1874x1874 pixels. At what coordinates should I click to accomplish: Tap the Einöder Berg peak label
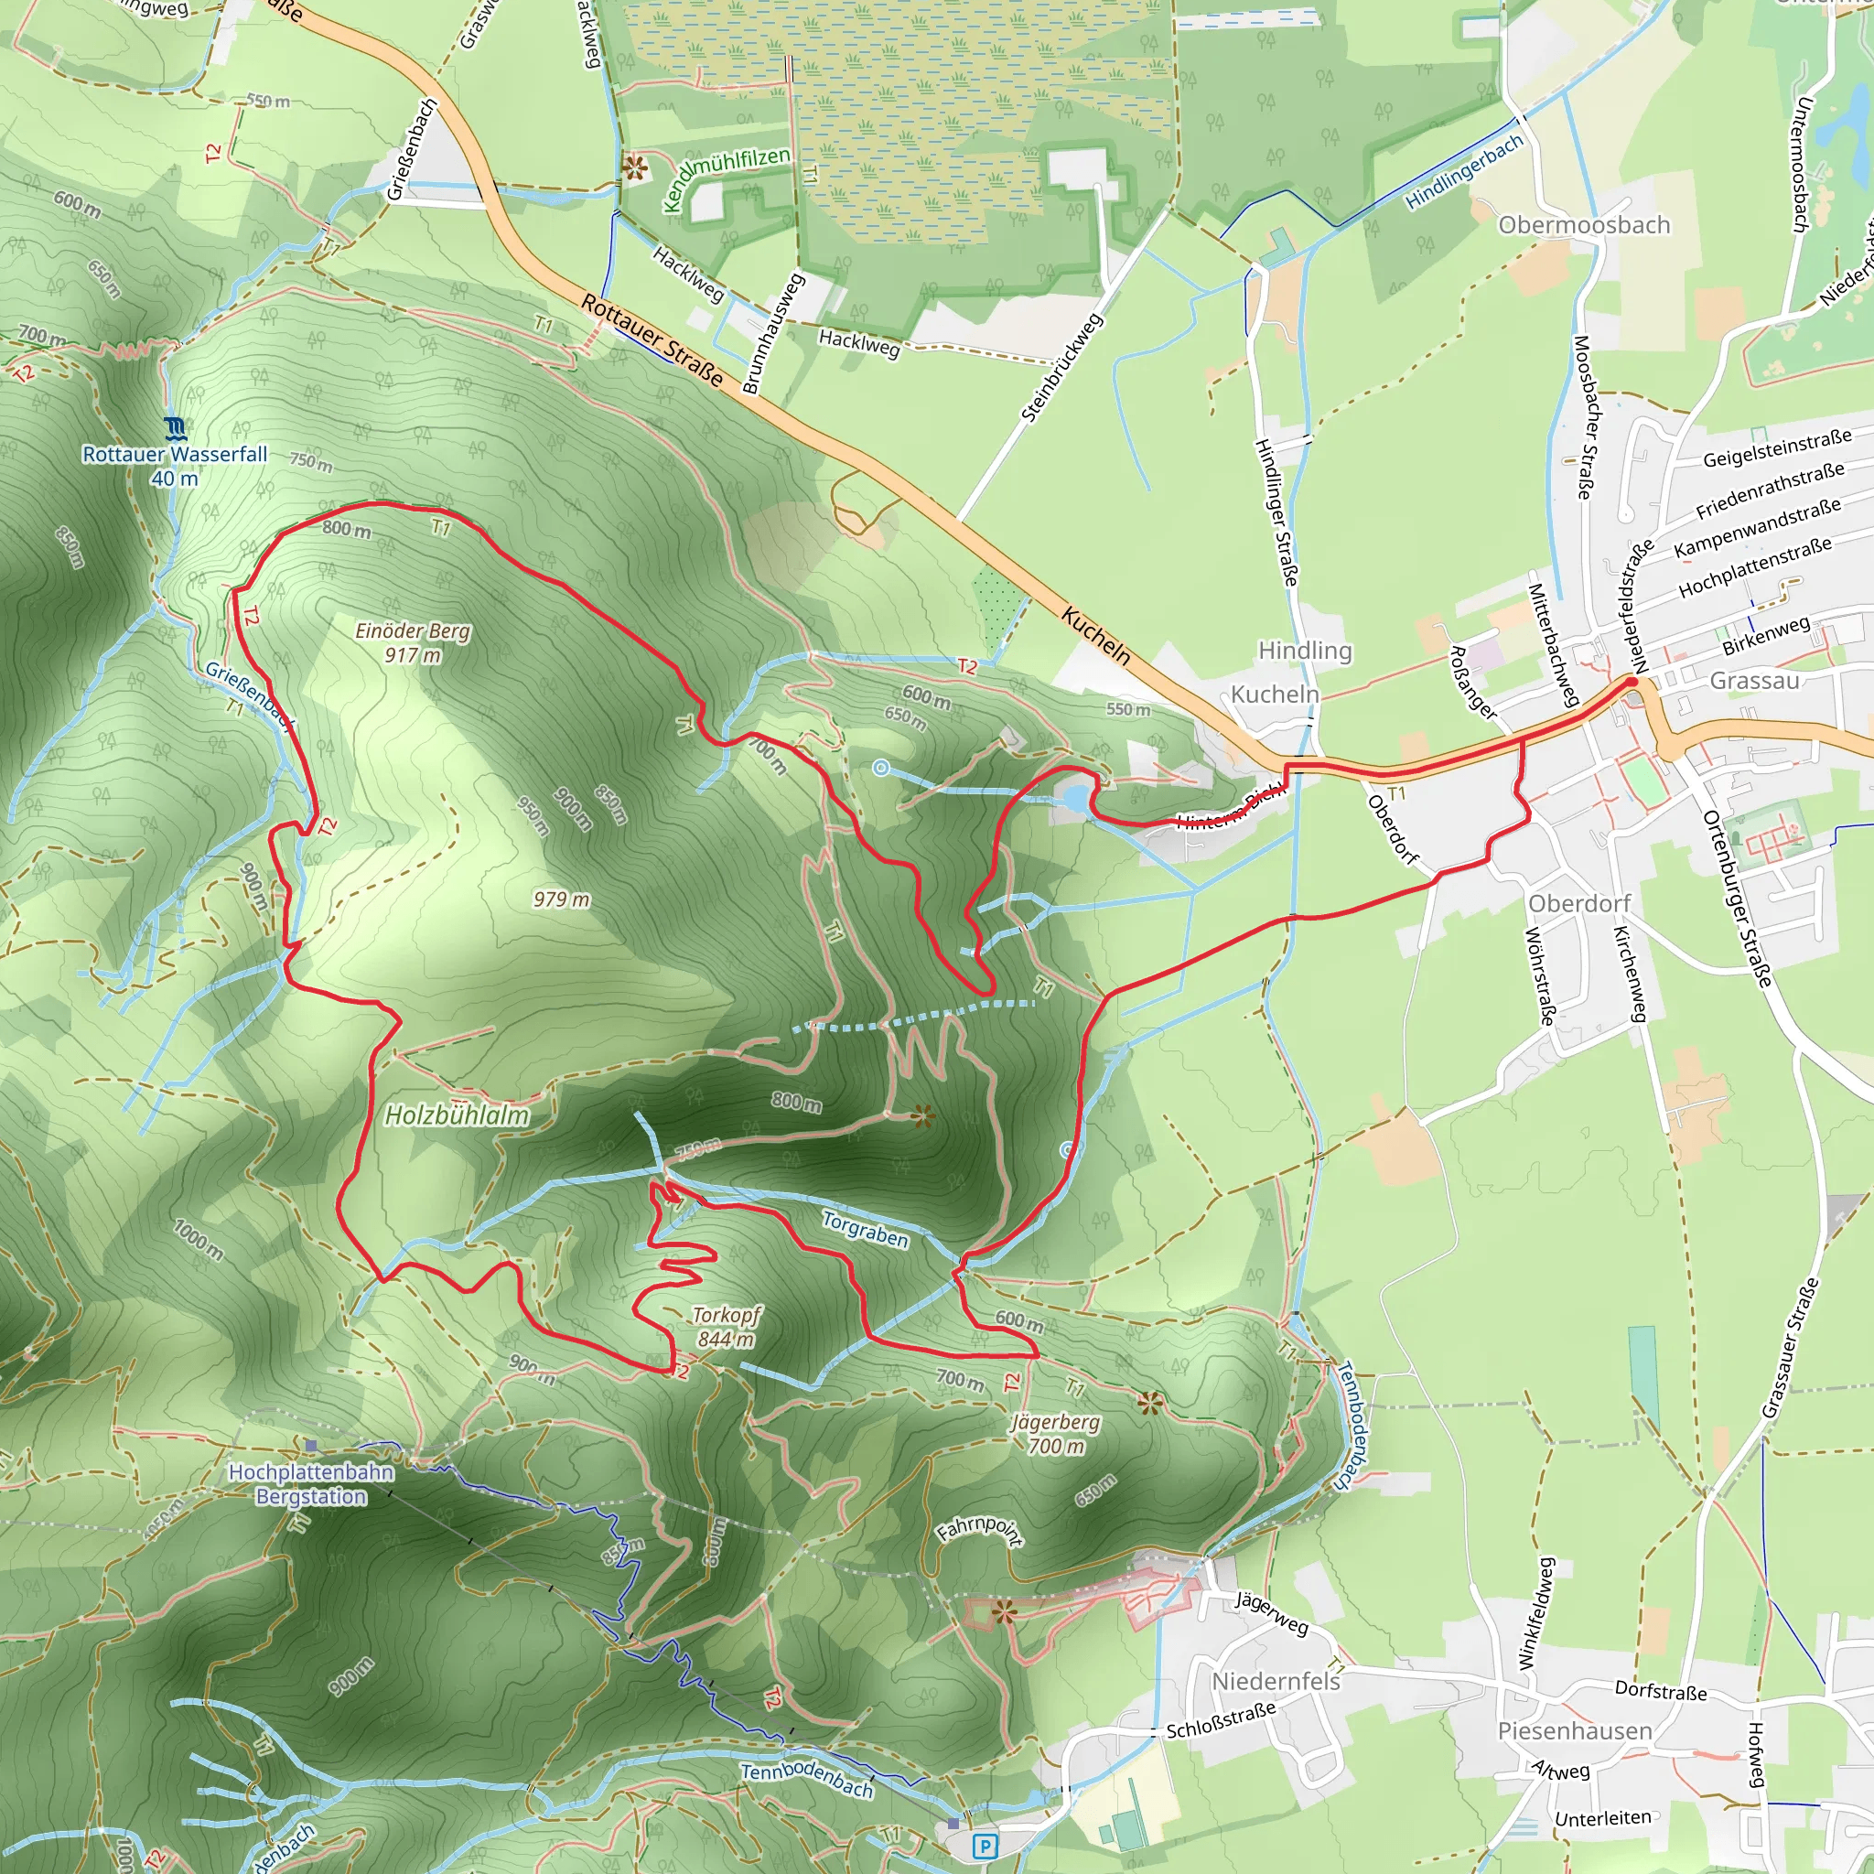[x=413, y=642]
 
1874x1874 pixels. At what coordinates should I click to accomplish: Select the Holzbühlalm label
[x=457, y=1115]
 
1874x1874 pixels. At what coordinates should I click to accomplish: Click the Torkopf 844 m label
[x=726, y=1327]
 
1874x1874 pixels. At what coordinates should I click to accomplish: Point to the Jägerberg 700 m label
[x=1055, y=1434]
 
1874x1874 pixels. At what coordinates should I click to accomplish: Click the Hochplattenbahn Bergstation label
[x=311, y=1483]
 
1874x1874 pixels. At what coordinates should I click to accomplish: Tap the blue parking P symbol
[x=985, y=1846]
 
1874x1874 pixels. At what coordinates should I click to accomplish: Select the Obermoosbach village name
[x=1584, y=225]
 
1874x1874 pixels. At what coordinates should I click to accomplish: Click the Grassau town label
[x=1754, y=680]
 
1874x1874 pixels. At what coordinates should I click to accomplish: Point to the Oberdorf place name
[x=1579, y=903]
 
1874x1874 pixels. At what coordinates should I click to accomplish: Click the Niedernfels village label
[x=1276, y=1681]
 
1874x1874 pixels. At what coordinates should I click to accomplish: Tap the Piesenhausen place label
[x=1574, y=1731]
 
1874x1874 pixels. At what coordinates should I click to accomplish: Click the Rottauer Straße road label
[x=652, y=339]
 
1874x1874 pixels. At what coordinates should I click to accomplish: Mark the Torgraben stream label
[x=866, y=1230]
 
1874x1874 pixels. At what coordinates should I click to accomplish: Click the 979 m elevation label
[x=561, y=899]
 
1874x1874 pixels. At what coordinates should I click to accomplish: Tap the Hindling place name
[x=1305, y=650]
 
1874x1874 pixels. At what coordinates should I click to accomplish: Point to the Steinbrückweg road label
[x=1063, y=368]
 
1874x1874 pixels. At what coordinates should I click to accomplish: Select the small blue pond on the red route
[x=1075, y=797]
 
